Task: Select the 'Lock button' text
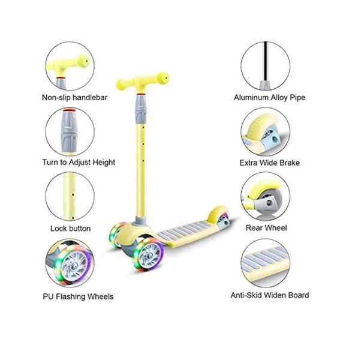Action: coord(71,229)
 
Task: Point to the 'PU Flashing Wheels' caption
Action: coord(79,296)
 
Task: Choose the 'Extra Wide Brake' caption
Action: coord(270,163)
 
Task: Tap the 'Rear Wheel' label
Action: coord(266,228)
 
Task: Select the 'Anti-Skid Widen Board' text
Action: coord(270,295)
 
